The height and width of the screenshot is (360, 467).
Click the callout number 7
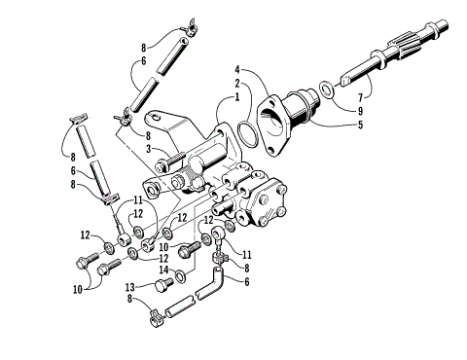coord(364,99)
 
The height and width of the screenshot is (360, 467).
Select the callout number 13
coord(128,287)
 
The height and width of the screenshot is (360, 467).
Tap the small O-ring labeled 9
coord(332,92)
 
